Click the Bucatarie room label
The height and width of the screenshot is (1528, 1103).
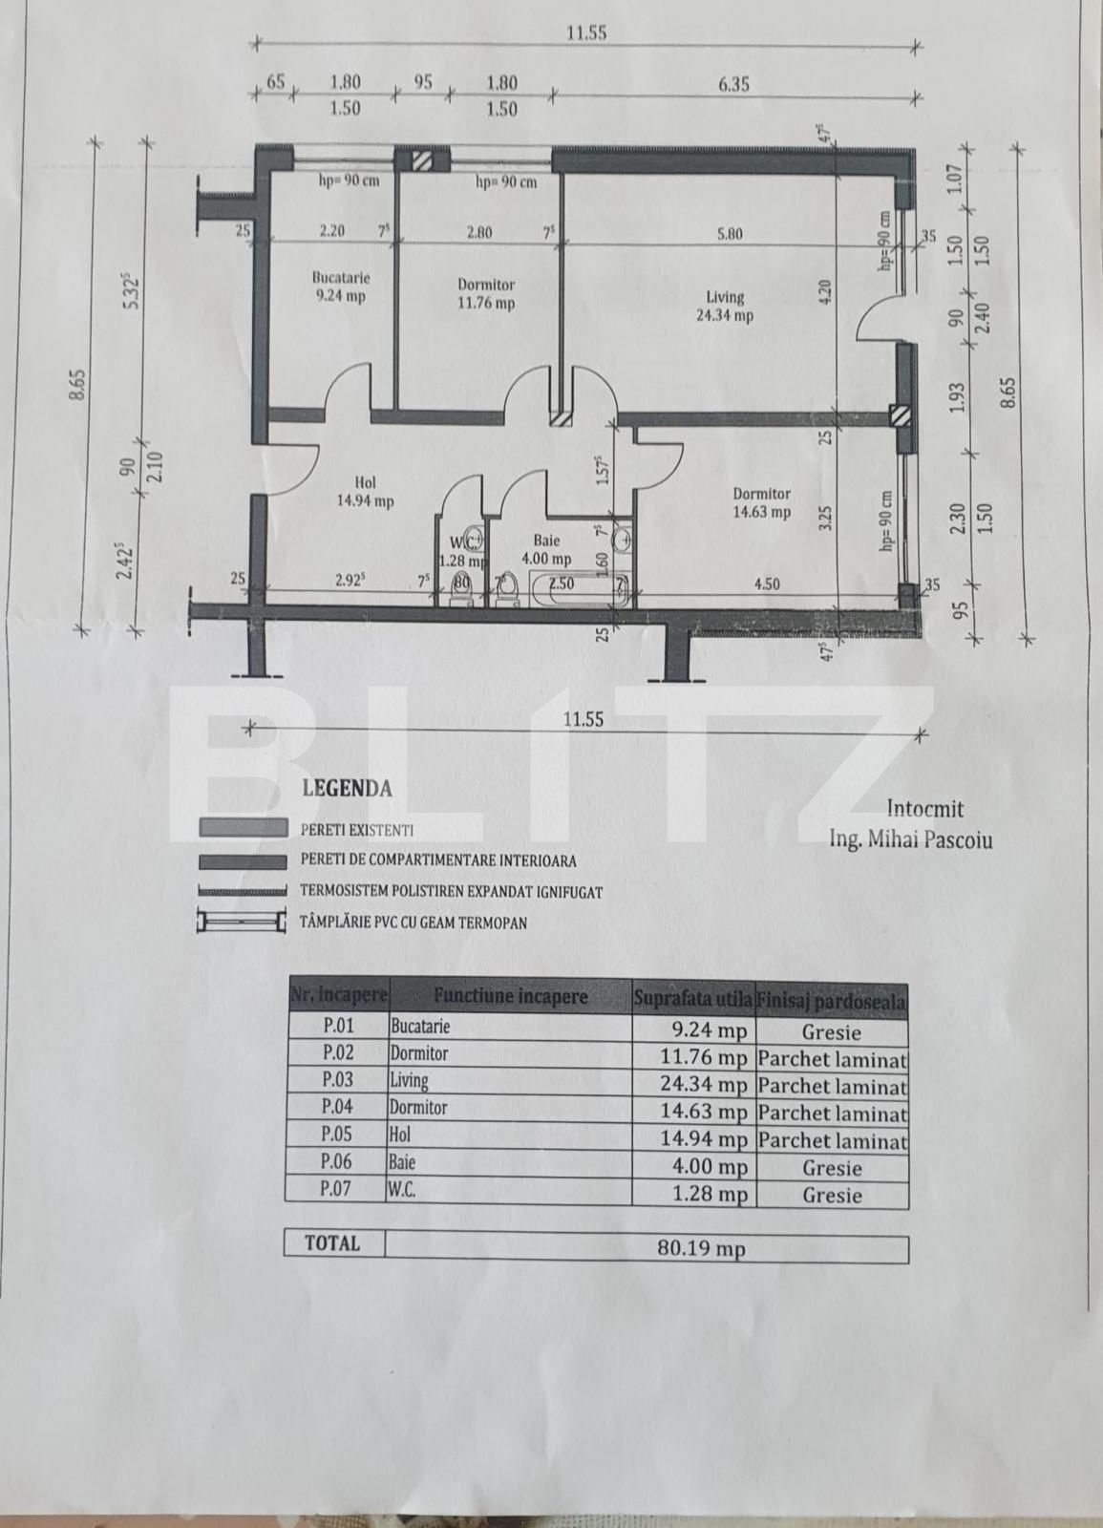(339, 286)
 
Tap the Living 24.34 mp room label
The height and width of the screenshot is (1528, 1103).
(725, 306)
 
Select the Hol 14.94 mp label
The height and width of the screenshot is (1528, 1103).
(372, 491)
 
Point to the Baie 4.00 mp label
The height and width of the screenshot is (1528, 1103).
(546, 549)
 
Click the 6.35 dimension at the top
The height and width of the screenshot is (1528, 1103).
(733, 84)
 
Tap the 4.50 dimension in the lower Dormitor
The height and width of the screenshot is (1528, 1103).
(766, 584)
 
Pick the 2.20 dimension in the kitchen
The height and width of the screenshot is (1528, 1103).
(331, 230)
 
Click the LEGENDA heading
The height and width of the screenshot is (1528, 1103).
(347, 789)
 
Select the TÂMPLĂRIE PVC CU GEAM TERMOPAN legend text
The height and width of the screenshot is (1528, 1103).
(413, 923)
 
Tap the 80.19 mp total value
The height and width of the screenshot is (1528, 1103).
(701, 1248)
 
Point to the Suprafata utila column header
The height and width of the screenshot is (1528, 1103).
(691, 999)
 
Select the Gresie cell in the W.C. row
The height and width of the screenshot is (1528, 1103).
(831, 1195)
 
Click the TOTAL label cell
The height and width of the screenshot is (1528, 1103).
(332, 1243)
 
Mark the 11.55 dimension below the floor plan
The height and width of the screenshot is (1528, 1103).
(583, 719)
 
